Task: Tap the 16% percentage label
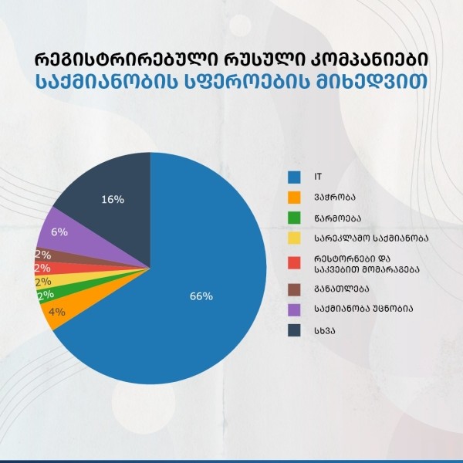pyautogui.click(x=113, y=200)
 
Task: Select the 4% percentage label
pyautogui.click(x=56, y=313)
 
